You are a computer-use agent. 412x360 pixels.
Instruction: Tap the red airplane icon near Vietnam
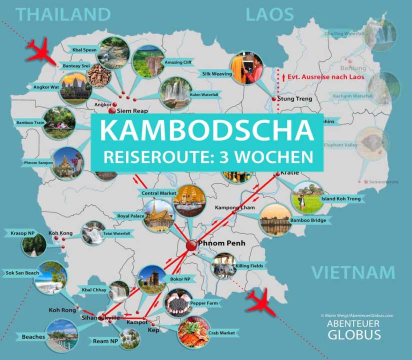260,302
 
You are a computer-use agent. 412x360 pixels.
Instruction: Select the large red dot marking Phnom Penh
191,245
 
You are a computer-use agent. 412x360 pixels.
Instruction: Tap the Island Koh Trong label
342,199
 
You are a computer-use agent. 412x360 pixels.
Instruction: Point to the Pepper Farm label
204,303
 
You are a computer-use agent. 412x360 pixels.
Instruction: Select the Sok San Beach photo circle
50,277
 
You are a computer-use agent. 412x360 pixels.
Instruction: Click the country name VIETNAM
353,273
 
